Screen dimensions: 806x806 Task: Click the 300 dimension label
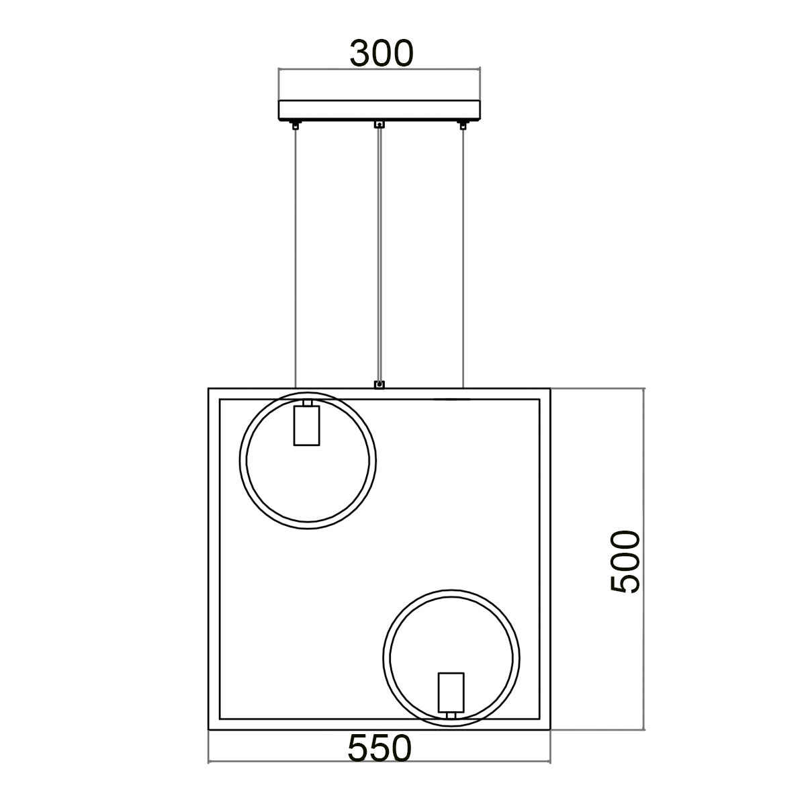(x=380, y=54)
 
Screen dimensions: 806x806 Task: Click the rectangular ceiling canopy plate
(x=379, y=110)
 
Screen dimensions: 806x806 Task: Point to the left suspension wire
(x=296, y=255)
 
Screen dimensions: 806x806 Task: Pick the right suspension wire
(x=463, y=255)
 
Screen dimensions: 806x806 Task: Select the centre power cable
(x=379, y=255)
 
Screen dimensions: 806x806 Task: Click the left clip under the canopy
(x=296, y=124)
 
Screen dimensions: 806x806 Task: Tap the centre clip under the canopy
(x=379, y=124)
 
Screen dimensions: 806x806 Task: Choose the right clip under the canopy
(x=462, y=124)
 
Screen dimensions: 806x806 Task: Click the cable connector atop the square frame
(x=379, y=384)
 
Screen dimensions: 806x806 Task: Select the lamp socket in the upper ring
(x=306, y=424)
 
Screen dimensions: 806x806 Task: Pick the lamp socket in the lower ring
(x=451, y=694)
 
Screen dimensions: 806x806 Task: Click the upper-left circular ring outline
(x=244, y=460)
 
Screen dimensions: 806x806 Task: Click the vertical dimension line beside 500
(x=644, y=470)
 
